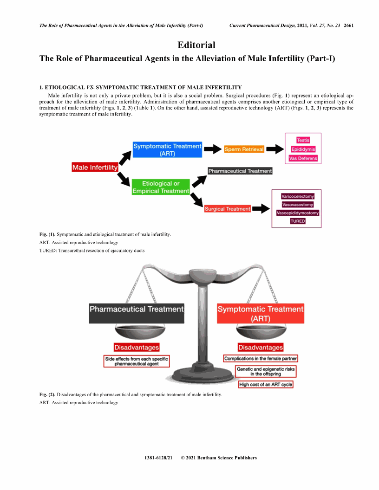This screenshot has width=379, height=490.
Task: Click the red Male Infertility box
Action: pos(95,167)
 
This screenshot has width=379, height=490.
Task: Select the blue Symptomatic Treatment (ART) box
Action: pos(167,150)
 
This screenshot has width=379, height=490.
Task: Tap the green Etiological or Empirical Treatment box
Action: pos(161,187)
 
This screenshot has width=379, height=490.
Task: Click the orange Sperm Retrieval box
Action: pos(244,149)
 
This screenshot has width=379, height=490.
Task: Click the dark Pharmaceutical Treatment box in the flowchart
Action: pos(240,171)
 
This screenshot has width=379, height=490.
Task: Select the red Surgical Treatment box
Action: pos(228,209)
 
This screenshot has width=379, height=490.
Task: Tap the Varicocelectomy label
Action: pos(298,196)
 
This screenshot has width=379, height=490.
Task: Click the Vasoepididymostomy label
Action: pos(298,213)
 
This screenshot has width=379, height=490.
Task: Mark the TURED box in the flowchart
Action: pos(298,221)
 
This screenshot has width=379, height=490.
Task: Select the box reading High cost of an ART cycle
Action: pos(266,384)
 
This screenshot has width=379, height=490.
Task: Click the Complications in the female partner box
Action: pos(261,359)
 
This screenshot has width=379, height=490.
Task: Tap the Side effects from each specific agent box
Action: pos(137,361)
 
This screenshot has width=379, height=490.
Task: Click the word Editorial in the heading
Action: pos(196,45)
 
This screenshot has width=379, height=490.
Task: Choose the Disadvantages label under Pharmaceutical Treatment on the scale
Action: pos(137,347)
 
